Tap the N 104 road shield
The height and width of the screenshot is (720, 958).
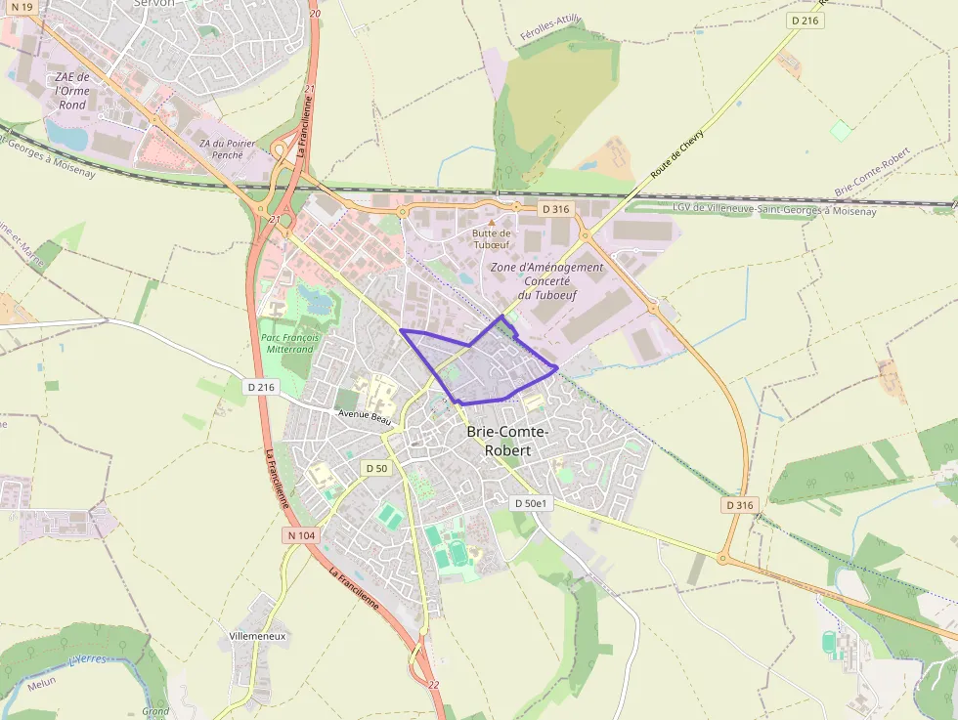301,535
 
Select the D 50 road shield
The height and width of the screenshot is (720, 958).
376,469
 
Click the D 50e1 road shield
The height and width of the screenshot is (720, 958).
533,503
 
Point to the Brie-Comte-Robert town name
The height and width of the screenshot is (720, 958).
507,441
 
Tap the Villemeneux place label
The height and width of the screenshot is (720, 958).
256,635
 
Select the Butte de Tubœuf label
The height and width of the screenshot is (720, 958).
492,238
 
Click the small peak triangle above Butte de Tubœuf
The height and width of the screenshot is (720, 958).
492,223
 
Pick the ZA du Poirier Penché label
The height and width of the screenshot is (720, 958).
227,148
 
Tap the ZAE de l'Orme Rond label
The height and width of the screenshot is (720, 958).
72,91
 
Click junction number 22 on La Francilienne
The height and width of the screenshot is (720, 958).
433,685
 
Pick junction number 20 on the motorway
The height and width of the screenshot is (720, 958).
313,14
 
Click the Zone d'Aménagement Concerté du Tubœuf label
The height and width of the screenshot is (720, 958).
546,280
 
